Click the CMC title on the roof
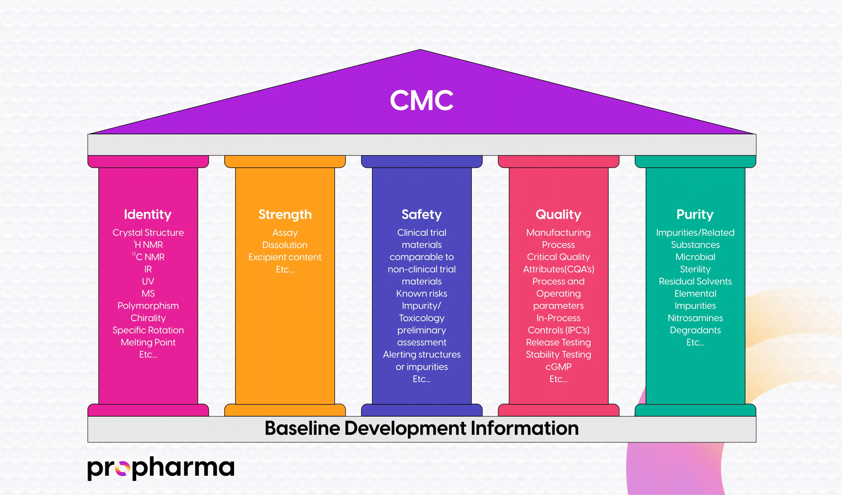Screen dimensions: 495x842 421,101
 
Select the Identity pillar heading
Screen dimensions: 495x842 148,215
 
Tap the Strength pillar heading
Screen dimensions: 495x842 285,215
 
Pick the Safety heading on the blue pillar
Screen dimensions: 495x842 421,215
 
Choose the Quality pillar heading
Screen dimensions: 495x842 558,215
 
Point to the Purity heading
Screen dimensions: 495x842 695,215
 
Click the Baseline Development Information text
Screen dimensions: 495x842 421,428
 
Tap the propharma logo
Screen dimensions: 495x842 160,468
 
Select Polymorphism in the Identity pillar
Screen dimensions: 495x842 148,306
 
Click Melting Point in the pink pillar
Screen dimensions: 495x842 148,343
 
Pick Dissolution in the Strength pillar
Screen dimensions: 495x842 285,245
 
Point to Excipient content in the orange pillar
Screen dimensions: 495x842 285,257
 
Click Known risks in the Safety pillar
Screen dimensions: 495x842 421,294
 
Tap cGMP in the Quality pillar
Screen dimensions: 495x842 558,367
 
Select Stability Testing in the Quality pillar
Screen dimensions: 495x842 558,355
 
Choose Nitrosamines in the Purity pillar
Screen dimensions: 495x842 695,318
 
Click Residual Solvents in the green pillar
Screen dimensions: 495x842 695,282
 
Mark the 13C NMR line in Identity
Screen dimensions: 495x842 149,257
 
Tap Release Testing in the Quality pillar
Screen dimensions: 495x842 558,343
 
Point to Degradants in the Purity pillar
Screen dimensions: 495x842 695,330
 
